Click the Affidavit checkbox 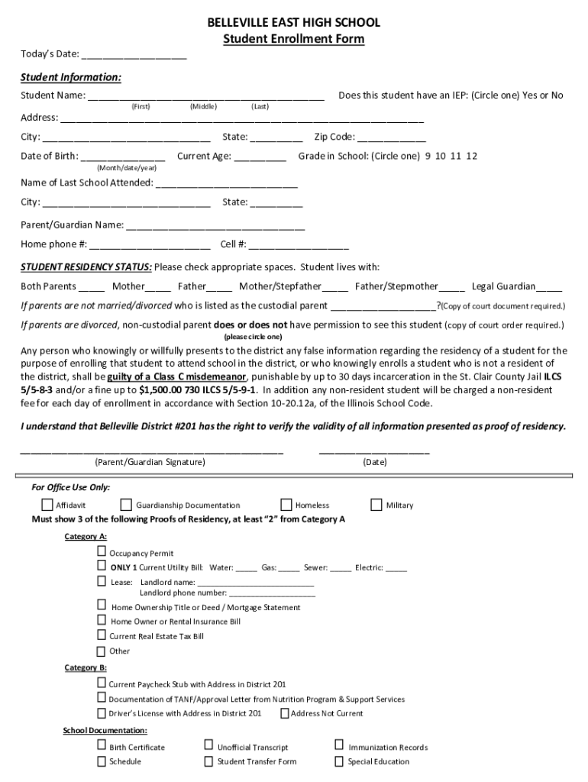pyautogui.click(x=47, y=505)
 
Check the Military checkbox pyautogui.click(x=376, y=505)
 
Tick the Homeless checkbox pyautogui.click(x=286, y=505)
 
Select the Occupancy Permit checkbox pyautogui.click(x=102, y=552)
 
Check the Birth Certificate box pyautogui.click(x=102, y=746)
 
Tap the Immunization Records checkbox pyautogui.click(x=339, y=746)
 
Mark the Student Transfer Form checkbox pyautogui.click(x=208, y=761)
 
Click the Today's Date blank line pyautogui.click(x=134, y=55)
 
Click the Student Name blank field pyautogui.click(x=206, y=97)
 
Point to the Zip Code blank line pyautogui.click(x=392, y=138)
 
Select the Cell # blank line pyautogui.click(x=299, y=245)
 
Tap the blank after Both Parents pyautogui.click(x=92, y=287)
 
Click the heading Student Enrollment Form pyautogui.click(x=293, y=39)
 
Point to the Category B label pyautogui.click(x=86, y=668)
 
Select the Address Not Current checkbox pyautogui.click(x=285, y=713)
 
